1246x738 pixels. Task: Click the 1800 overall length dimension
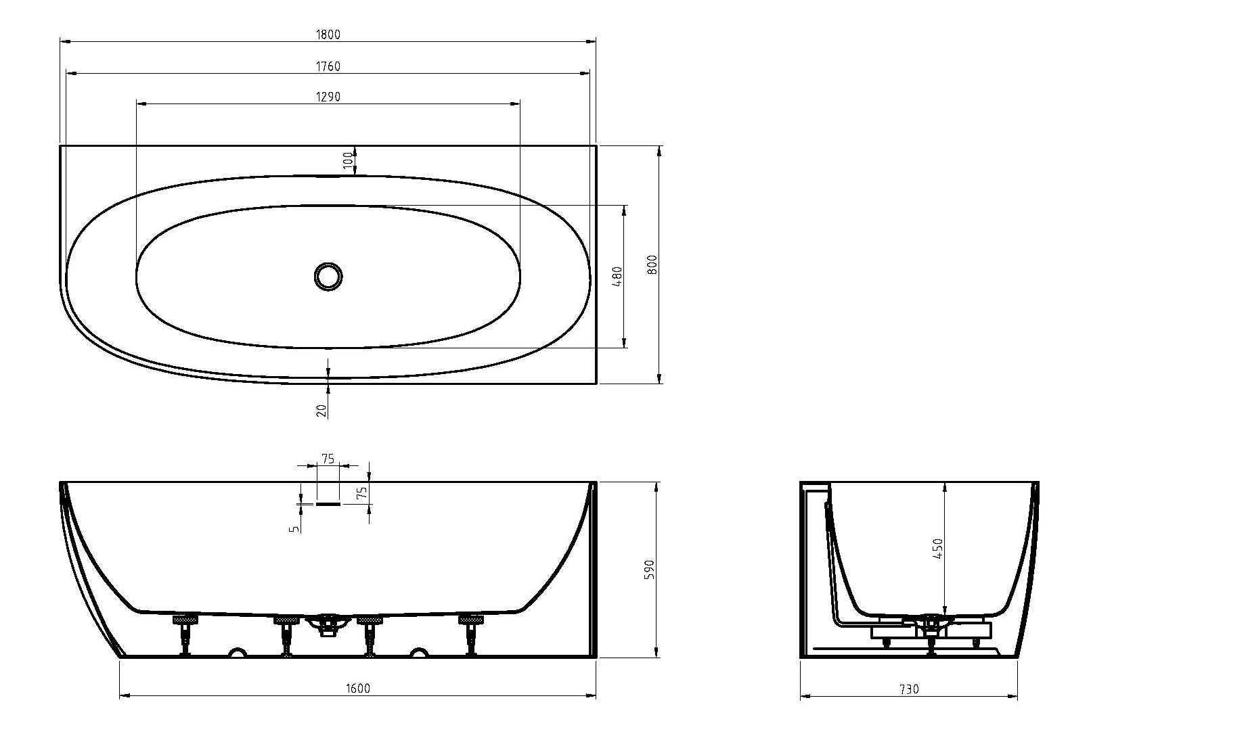point(328,35)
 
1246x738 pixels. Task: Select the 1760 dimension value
point(328,66)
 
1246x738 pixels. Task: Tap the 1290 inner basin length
point(328,97)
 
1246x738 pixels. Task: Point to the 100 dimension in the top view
point(348,160)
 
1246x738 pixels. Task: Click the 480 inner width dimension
point(617,277)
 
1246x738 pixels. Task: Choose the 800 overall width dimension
point(652,264)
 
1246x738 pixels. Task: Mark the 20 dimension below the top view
point(321,410)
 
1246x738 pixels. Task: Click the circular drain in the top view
point(328,276)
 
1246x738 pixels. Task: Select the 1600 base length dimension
point(358,689)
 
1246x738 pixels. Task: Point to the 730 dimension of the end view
point(909,689)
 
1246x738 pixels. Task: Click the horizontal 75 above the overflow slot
point(328,459)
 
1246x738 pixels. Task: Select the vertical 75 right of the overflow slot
point(362,493)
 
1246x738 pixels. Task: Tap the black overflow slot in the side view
point(328,504)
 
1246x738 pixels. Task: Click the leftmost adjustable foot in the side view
point(185,635)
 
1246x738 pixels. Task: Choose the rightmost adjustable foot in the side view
point(470,635)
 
